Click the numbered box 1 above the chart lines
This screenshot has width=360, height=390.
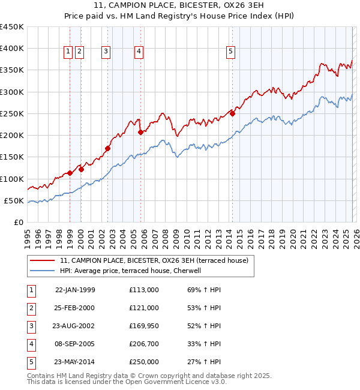pos(68,52)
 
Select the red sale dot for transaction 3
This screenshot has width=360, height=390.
pos(108,148)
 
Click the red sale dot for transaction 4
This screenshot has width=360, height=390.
pos(140,132)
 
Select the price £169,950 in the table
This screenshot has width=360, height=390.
pos(143,326)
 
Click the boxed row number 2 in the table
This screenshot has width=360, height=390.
pos(31,308)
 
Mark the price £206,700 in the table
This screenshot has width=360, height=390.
pos(143,344)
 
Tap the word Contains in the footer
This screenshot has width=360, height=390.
pos(42,376)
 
